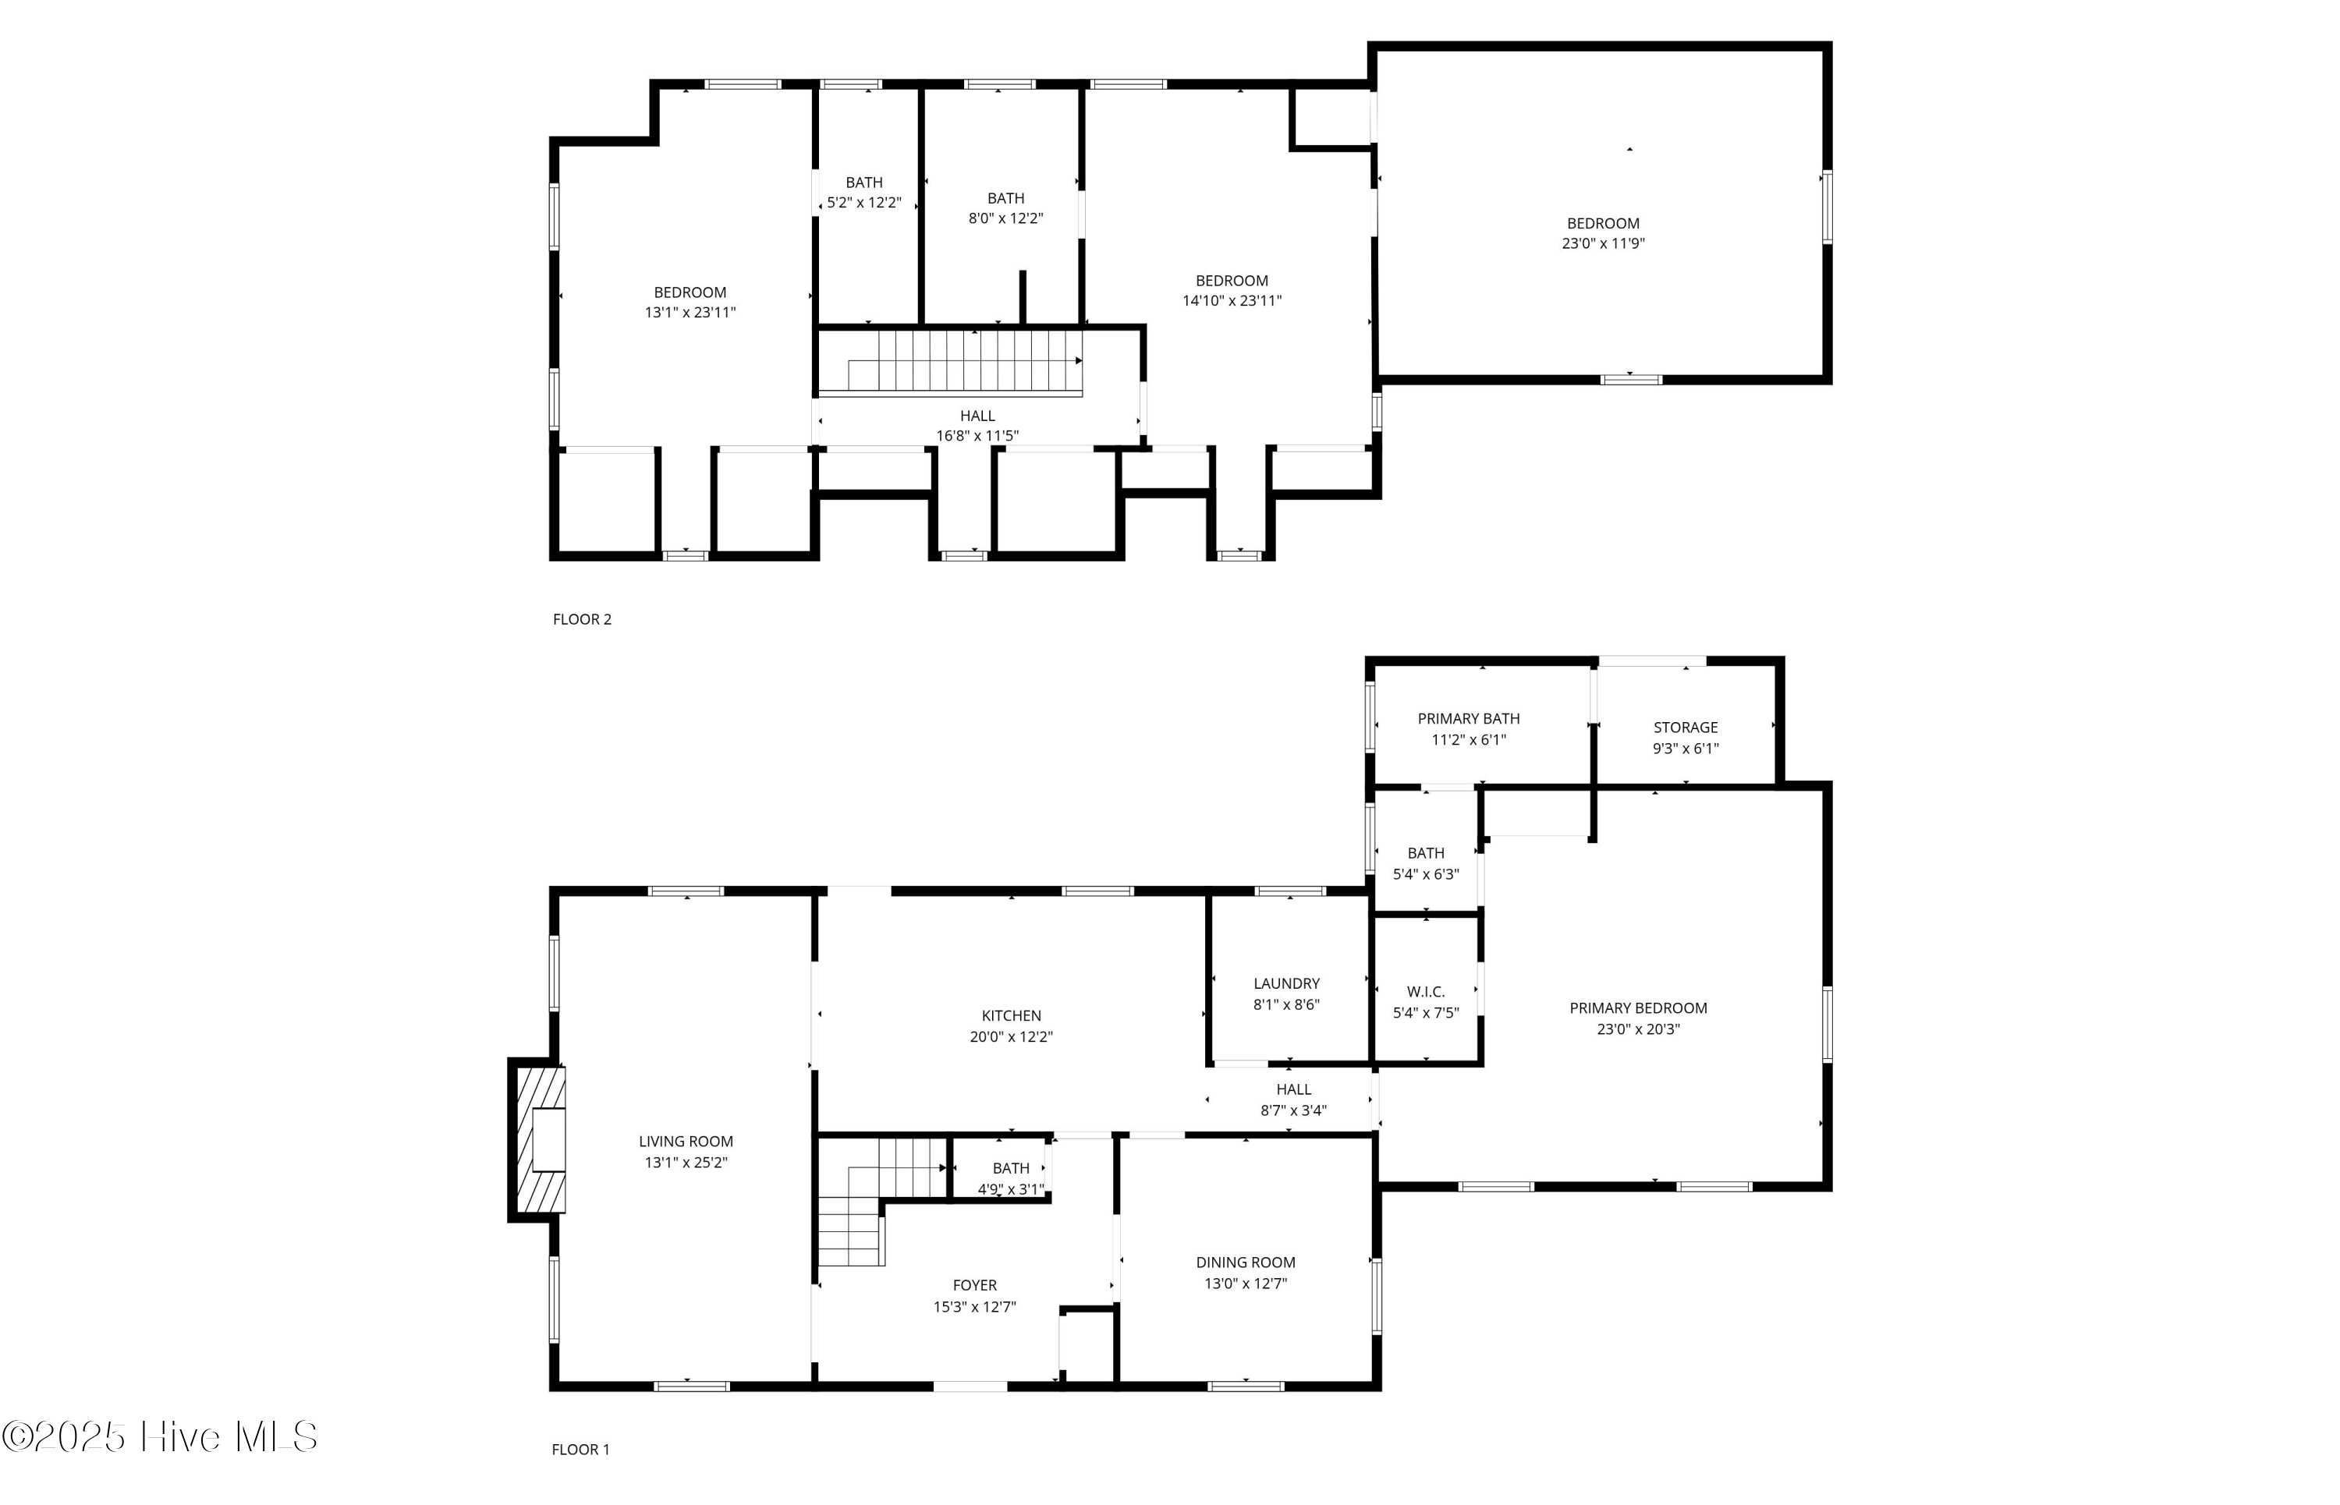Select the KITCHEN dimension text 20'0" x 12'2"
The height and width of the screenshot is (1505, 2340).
coord(1011,1037)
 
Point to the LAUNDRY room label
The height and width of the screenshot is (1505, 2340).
coord(1286,983)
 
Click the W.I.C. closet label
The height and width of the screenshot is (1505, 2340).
coord(1425,992)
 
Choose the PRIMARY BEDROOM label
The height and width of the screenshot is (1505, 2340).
coord(1638,1007)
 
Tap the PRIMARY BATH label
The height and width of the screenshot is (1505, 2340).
coord(1468,718)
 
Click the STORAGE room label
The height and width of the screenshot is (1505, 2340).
coord(1685,727)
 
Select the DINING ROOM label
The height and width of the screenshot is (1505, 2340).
coord(1245,1262)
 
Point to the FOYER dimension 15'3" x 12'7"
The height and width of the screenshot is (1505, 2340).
coord(974,1307)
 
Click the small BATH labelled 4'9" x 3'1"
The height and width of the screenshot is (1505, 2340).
coord(1011,1178)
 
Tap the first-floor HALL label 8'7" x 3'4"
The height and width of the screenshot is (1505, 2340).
coord(1293,1100)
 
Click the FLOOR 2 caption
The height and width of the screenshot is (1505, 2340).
coord(582,618)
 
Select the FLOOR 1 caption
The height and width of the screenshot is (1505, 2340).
coord(580,1450)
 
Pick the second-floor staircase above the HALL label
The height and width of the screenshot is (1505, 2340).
coord(963,362)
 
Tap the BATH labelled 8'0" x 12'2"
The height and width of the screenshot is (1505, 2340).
coord(1005,208)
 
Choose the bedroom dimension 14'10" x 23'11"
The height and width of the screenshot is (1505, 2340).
coord(1232,301)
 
